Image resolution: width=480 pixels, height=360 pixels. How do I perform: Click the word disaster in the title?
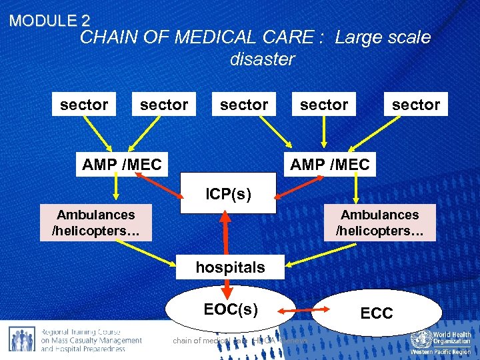click(262, 59)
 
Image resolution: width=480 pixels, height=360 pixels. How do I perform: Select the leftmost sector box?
click(84, 105)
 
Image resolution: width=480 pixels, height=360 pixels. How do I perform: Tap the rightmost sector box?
click(416, 105)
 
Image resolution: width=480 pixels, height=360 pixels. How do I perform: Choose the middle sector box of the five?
click(244, 105)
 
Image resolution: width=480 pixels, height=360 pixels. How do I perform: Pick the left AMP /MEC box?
click(122, 164)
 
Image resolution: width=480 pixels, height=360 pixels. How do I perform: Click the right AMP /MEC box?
click(330, 164)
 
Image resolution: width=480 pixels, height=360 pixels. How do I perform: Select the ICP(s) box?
click(228, 194)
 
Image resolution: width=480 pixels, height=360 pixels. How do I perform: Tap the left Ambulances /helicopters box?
click(95, 223)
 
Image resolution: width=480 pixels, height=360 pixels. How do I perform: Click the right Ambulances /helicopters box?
click(379, 223)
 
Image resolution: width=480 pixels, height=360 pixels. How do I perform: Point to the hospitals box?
click(230, 267)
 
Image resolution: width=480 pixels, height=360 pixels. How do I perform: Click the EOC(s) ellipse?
click(231, 309)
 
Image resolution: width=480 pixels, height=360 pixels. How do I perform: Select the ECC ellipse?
click(377, 313)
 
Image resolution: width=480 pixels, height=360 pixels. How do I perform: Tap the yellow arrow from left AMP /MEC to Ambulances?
click(115, 189)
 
